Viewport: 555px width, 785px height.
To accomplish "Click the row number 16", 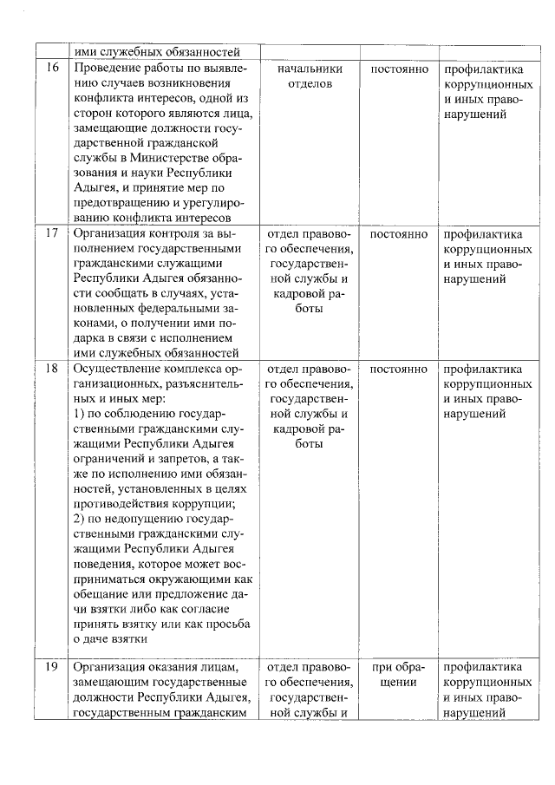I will click(52, 69).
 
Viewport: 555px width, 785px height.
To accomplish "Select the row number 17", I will click(52, 234).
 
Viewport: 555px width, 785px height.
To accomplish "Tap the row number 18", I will click(52, 369).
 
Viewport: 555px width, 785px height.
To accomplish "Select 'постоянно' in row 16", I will click(399, 69).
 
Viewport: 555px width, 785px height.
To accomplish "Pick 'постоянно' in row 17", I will click(399, 234).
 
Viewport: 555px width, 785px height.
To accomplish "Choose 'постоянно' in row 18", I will click(399, 369).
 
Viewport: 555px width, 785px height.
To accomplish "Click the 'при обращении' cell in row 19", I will click(399, 674).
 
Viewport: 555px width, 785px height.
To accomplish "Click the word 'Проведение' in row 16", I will click(108, 69).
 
